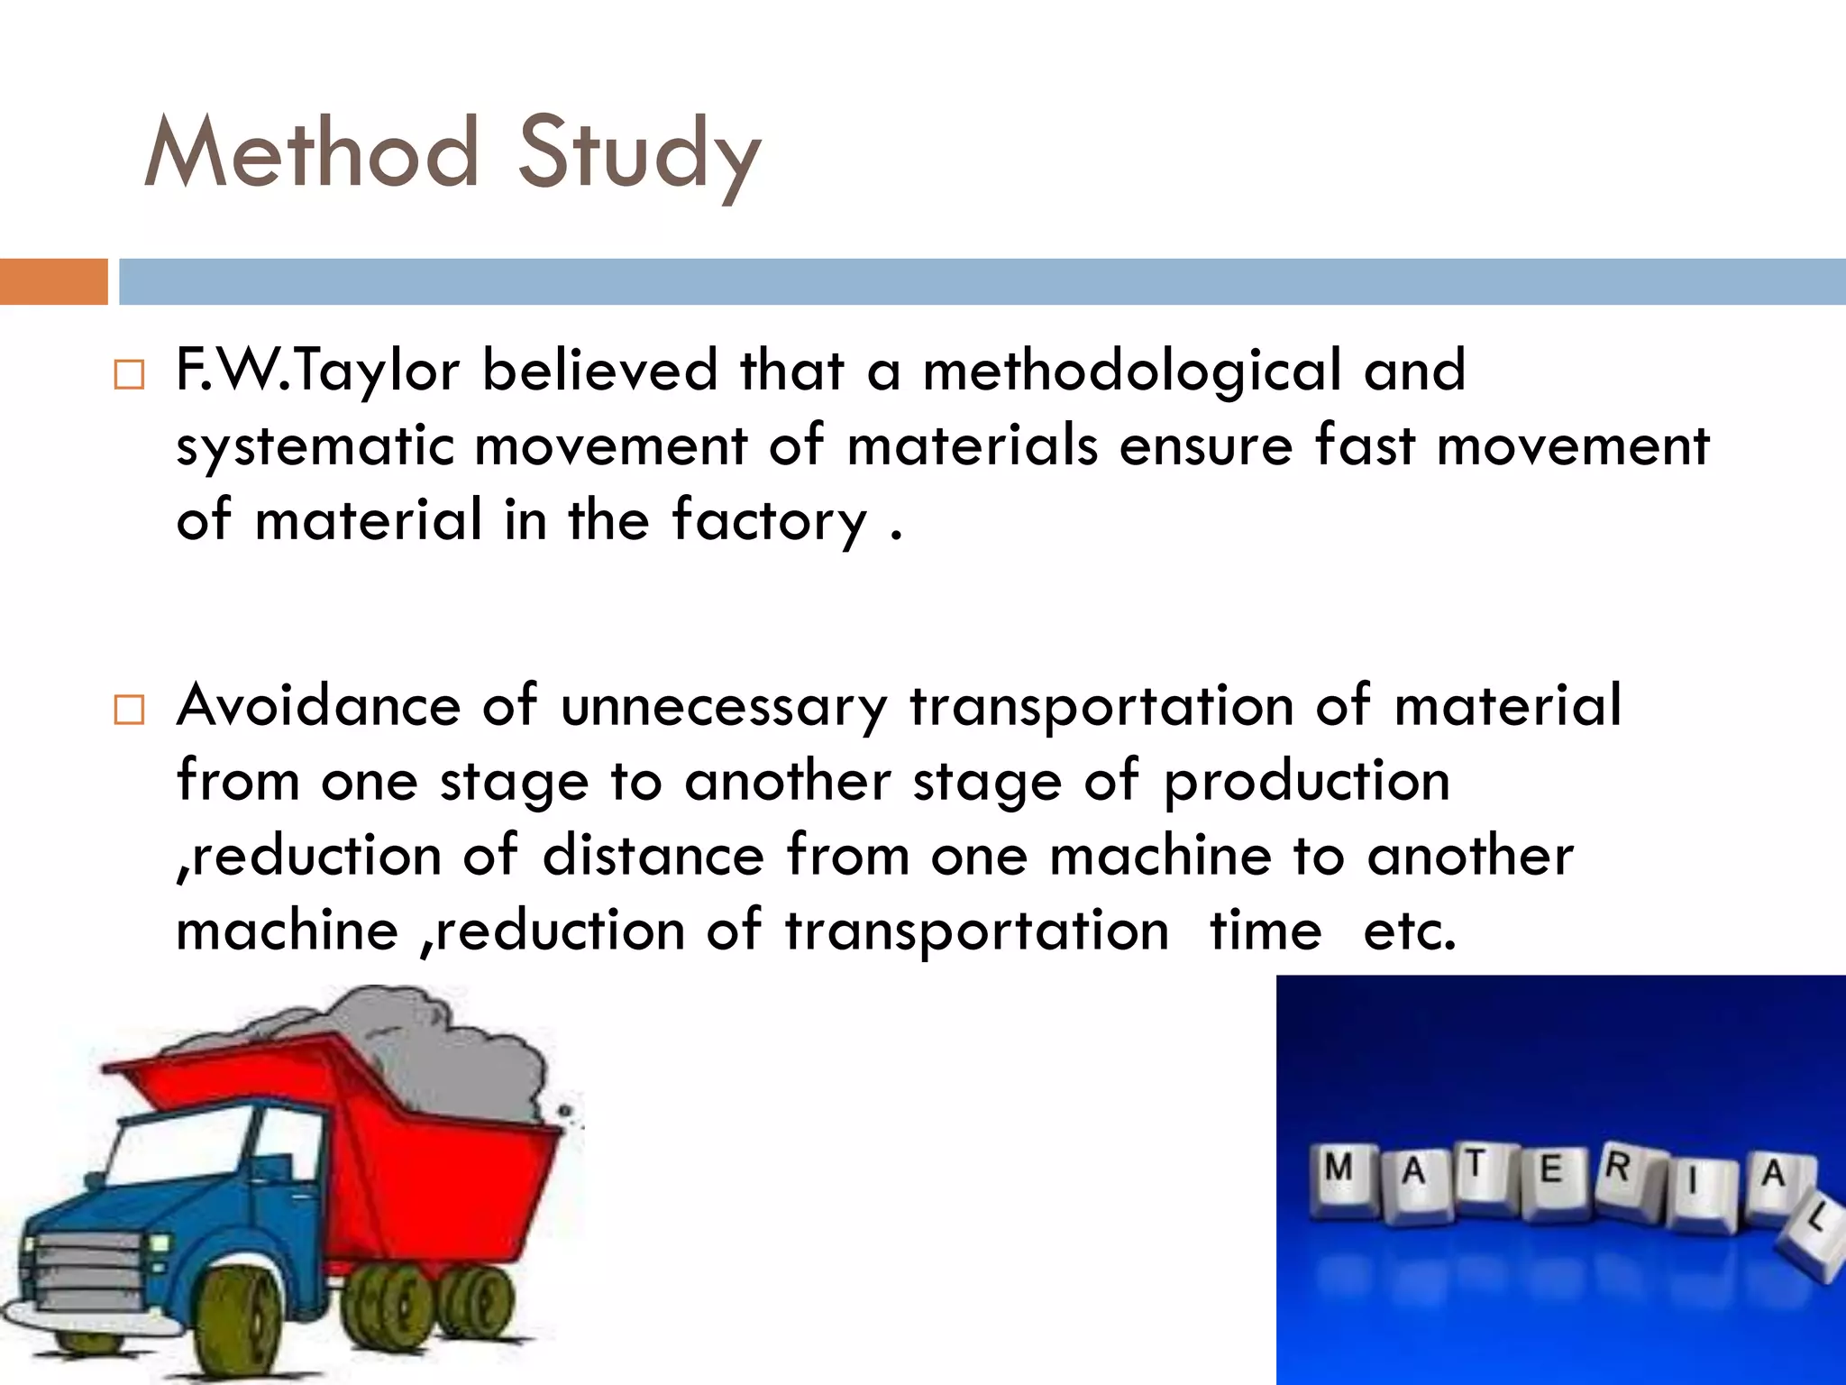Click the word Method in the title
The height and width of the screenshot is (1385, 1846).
(x=310, y=153)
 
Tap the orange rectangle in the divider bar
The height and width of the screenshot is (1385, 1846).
(x=53, y=281)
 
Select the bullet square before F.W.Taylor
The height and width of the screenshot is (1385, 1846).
(x=129, y=375)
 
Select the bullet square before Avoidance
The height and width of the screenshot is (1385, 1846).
(x=129, y=711)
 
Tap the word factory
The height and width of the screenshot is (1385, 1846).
(x=768, y=521)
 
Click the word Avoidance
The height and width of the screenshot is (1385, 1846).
(x=318, y=705)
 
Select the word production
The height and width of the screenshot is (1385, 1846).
(x=1306, y=782)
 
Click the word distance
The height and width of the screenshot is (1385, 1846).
(x=653, y=855)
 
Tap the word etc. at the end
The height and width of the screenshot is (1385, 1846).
(x=1409, y=931)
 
